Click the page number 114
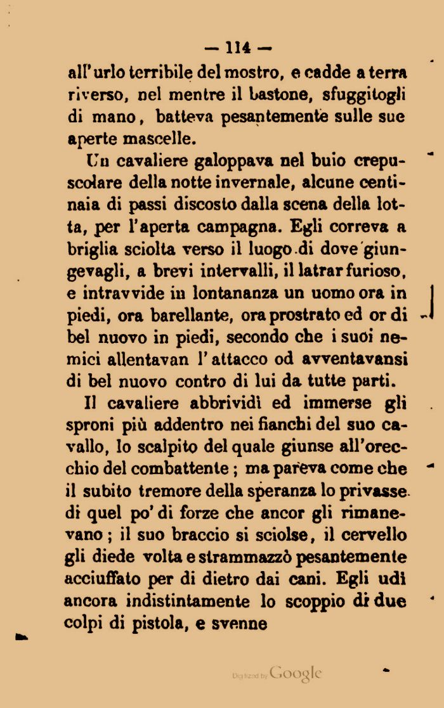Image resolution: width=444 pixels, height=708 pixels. coord(238,48)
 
